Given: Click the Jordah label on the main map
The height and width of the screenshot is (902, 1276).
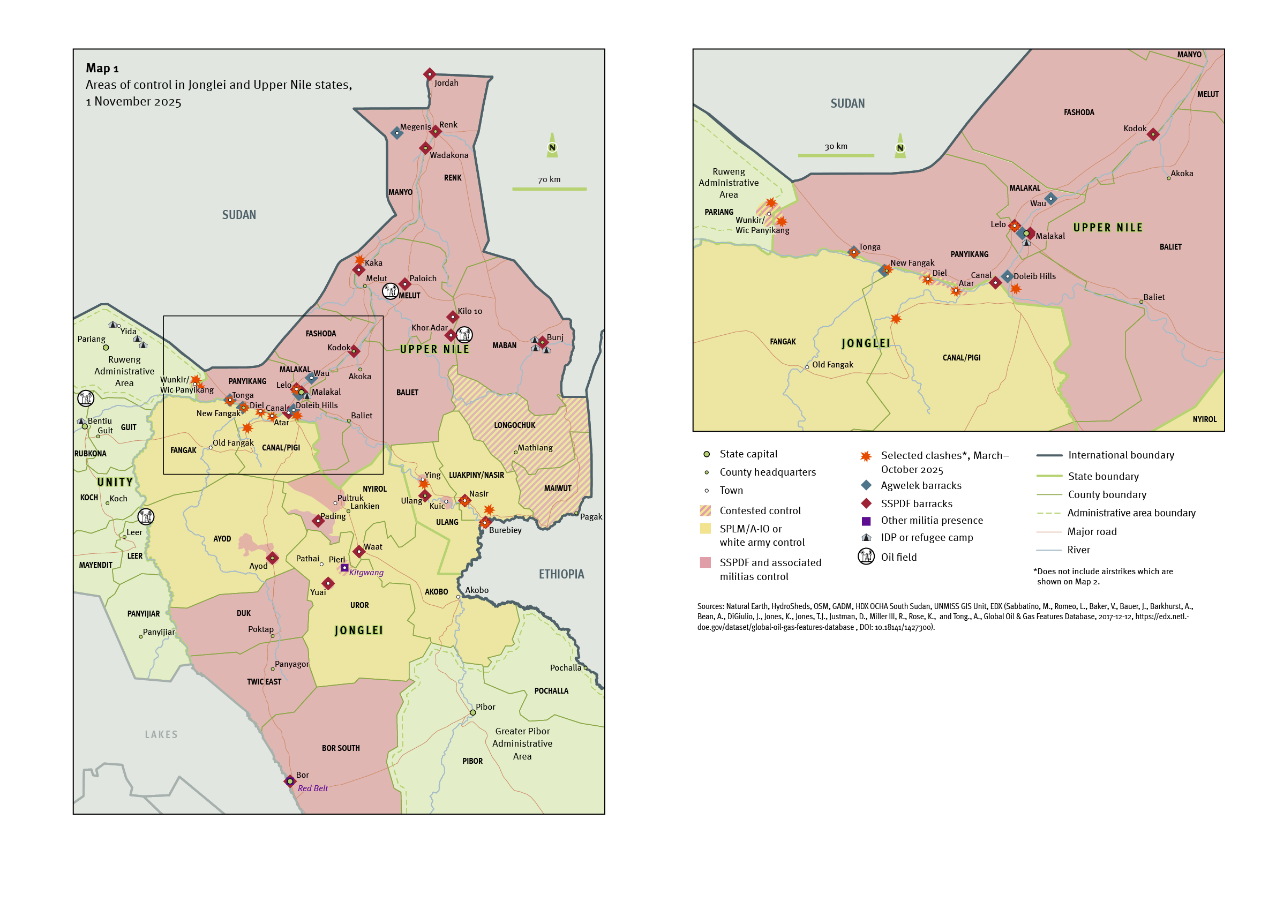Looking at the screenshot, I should [x=446, y=83].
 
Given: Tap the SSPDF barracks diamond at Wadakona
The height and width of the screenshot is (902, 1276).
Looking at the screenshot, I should [x=425, y=148].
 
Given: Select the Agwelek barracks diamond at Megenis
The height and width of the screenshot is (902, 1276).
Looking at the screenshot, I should [x=396, y=133].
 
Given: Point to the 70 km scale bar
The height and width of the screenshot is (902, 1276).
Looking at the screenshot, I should [x=549, y=189].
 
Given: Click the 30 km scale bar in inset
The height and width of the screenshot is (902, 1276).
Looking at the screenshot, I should [x=835, y=155].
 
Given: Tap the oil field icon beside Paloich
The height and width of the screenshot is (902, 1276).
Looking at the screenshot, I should [x=391, y=290].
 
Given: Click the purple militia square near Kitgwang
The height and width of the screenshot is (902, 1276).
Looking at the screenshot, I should [x=344, y=567].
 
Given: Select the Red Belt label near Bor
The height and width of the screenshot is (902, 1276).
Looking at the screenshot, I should [x=312, y=788].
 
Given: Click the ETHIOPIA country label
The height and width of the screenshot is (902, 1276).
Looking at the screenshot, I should [x=561, y=574].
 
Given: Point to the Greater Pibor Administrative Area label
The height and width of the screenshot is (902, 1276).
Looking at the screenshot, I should [x=522, y=743].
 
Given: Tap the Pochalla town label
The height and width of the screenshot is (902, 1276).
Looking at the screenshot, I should [x=565, y=667].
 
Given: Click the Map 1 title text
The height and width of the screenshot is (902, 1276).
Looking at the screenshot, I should [x=102, y=69].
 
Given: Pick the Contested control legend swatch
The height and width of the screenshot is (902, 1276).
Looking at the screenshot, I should [x=705, y=510].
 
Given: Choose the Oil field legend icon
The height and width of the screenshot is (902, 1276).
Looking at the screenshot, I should [x=866, y=557].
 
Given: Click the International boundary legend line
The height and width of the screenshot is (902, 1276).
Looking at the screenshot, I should [x=1049, y=455].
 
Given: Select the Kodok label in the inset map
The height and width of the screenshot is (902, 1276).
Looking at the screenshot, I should [x=1134, y=129].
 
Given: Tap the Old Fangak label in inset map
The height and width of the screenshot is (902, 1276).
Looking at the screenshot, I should [x=832, y=365].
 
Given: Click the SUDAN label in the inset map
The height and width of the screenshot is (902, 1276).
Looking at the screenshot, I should [x=847, y=103].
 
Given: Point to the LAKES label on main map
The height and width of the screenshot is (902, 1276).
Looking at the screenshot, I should [x=161, y=735].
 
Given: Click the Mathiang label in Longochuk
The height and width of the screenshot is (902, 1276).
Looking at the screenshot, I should [x=535, y=447].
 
